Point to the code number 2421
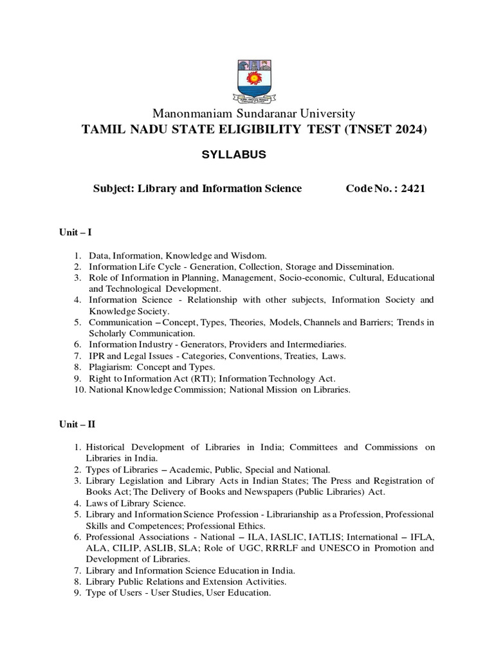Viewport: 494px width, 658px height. (x=413, y=188)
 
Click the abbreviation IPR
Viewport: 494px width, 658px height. (x=97, y=355)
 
